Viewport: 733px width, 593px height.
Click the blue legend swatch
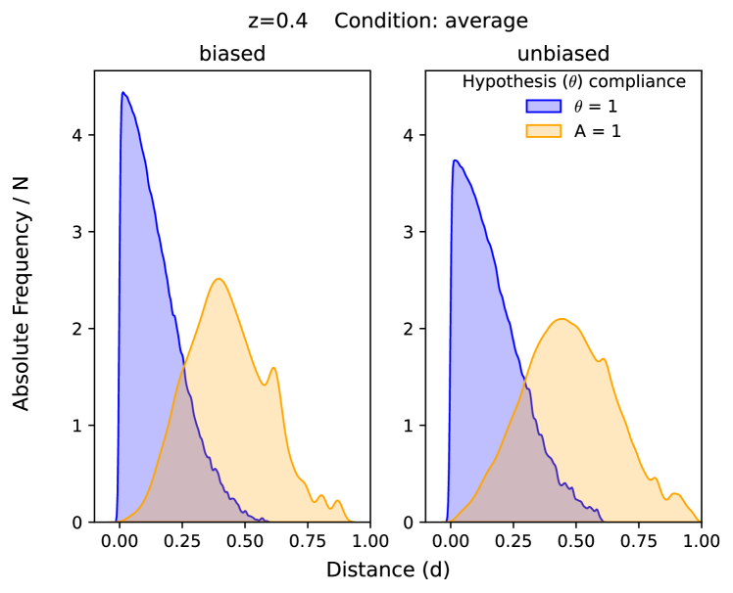[543, 106]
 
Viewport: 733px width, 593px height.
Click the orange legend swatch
[543, 130]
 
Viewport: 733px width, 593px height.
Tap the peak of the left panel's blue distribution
[122, 93]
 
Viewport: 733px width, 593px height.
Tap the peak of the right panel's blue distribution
[455, 160]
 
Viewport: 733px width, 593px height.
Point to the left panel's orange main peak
[219, 278]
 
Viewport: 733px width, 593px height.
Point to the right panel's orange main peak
[562, 319]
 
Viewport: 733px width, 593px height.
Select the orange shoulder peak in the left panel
[273, 368]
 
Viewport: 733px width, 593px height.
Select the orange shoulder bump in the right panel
[604, 358]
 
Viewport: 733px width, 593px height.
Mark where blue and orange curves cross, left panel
[184, 363]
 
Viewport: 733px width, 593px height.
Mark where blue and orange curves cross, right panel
[525, 377]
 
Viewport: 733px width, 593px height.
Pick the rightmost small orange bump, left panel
[337, 501]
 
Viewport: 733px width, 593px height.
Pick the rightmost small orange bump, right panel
[674, 493]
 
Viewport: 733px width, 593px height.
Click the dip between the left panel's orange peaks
[265, 382]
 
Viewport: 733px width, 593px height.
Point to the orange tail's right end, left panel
[353, 521]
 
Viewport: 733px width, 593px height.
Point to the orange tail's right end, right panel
[701, 521]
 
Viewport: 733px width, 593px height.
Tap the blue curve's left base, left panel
[115, 520]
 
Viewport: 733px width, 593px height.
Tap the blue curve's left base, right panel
[447, 520]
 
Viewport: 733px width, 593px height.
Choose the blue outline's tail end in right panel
[601, 519]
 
